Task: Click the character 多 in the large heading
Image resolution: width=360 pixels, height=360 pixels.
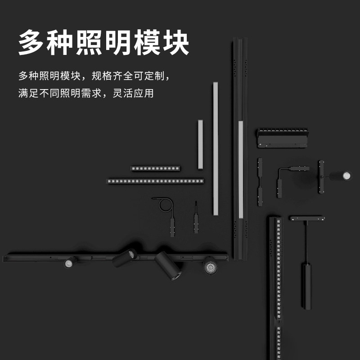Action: coord(31,42)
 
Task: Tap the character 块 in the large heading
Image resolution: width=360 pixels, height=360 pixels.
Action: coord(176,42)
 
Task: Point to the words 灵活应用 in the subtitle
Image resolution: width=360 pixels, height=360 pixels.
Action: coord(133,93)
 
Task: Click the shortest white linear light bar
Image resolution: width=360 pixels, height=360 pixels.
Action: coord(200,144)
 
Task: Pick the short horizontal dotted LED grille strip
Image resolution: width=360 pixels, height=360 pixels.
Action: coord(155,168)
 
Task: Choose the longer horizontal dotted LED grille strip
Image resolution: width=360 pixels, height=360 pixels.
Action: coord(155,181)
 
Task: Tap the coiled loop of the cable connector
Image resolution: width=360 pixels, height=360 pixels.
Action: coord(166,204)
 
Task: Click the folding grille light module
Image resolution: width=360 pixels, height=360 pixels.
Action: coord(283,138)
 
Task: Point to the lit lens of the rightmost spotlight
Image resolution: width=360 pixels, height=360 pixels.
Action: coord(346,176)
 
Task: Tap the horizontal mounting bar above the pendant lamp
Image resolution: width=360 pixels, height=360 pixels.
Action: coord(307,218)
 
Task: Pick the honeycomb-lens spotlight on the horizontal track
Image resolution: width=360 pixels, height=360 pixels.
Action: coord(210,266)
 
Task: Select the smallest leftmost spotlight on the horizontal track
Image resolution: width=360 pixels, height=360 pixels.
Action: coord(70,262)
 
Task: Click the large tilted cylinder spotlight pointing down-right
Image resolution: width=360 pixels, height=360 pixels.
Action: coord(168,265)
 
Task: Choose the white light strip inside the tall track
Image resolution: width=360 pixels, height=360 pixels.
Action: coord(241,170)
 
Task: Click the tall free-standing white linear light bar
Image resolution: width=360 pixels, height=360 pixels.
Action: coord(216,148)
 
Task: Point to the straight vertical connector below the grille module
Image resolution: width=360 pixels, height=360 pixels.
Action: coord(260,182)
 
